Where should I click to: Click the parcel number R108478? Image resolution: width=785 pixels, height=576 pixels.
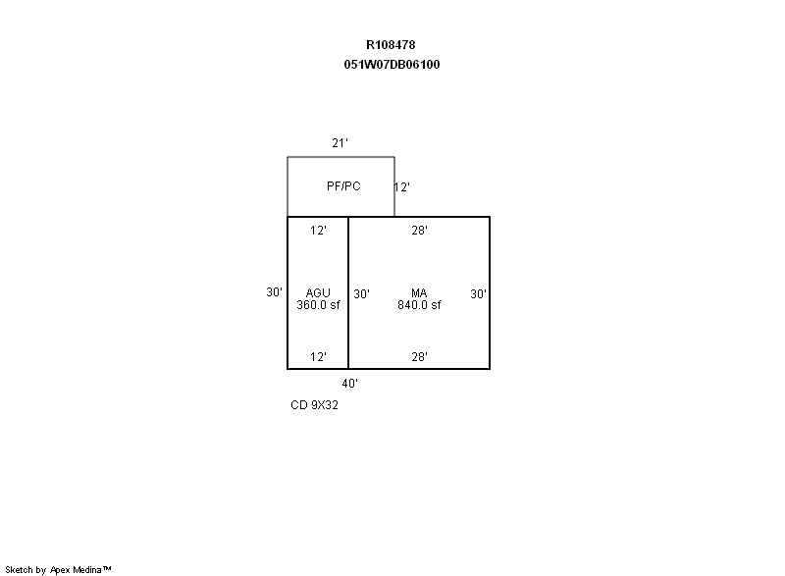point(391,45)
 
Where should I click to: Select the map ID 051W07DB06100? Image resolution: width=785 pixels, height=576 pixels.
point(392,65)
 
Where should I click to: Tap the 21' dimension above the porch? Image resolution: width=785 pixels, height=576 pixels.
point(340,143)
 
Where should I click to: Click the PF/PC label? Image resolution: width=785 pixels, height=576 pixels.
point(343,186)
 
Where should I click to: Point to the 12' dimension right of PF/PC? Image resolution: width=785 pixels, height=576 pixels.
point(402,187)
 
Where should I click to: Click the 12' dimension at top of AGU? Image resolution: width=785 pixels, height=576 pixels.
point(318,231)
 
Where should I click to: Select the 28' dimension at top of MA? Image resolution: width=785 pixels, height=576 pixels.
point(420,231)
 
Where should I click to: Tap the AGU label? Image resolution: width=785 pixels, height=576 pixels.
point(318,292)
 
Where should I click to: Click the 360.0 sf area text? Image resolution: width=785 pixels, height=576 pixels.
point(318,305)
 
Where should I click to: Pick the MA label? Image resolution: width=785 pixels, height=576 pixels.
point(419,292)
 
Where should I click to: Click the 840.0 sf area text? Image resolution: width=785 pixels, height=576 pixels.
point(419,305)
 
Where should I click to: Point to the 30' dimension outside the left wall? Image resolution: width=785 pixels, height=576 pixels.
point(275,291)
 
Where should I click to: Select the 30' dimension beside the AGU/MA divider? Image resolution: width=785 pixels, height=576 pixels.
point(361,293)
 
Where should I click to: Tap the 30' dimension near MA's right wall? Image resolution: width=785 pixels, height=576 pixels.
point(478,293)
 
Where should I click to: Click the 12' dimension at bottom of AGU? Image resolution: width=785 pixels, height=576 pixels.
point(318,357)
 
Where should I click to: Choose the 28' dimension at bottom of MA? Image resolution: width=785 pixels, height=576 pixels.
point(420,357)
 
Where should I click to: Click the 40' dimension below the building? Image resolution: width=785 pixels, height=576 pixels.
point(350,384)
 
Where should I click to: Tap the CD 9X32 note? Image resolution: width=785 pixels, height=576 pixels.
point(314,405)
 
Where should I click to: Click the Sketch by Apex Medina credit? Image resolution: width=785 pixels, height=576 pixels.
point(58,569)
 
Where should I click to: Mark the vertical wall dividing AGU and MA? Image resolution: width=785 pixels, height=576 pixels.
point(348,292)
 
